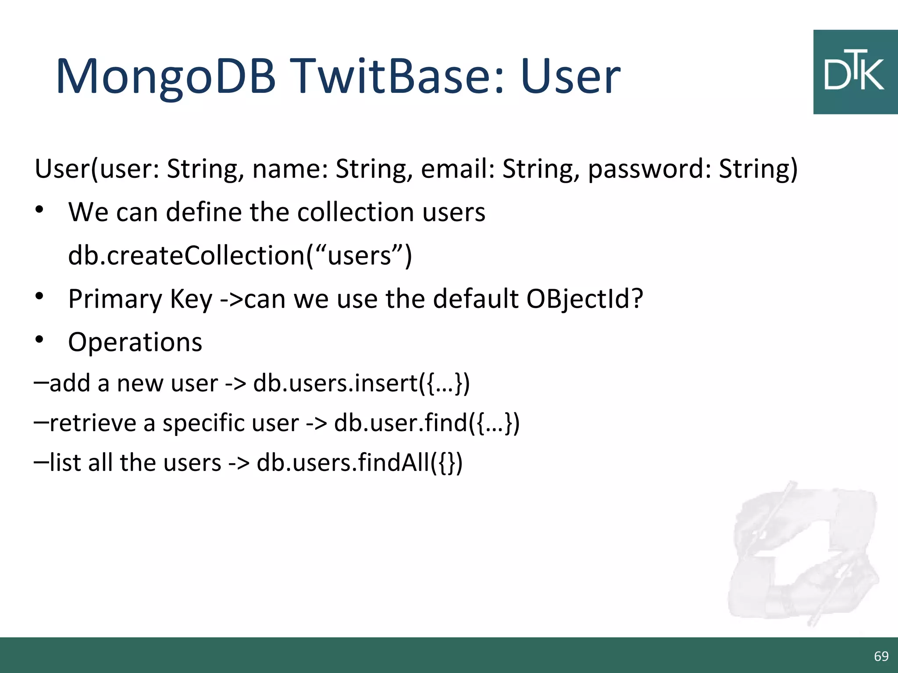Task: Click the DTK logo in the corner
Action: click(x=855, y=72)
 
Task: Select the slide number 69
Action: click(x=881, y=656)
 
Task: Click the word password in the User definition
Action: click(x=649, y=169)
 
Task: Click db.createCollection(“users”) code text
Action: click(x=240, y=255)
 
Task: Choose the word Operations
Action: click(x=135, y=342)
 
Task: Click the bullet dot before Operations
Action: click(x=39, y=340)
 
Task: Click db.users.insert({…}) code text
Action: click(x=361, y=383)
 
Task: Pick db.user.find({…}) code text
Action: click(x=427, y=423)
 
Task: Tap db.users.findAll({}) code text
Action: click(x=360, y=463)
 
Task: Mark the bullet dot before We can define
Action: click(x=39, y=210)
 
